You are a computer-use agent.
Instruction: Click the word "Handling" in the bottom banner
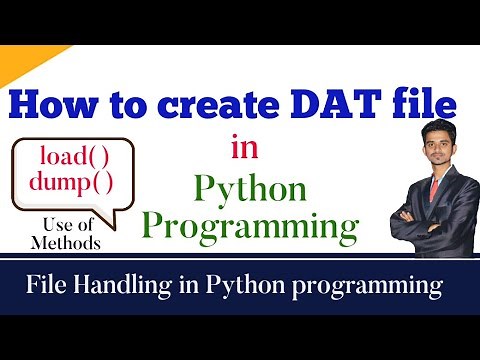(x=125, y=287)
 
